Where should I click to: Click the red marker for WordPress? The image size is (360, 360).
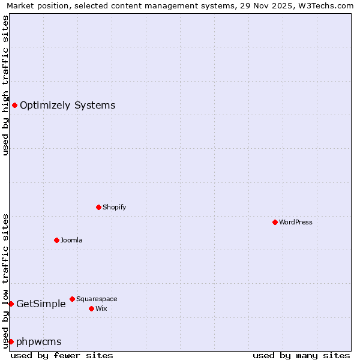(275, 222)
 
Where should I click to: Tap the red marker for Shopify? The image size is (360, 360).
(98, 207)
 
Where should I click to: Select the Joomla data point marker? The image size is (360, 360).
(56, 240)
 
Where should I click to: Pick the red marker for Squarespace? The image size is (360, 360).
(72, 299)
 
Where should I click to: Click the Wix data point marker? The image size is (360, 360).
(91, 308)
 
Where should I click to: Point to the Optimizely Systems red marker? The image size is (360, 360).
(14, 106)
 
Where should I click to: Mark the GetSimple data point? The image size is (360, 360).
(11, 304)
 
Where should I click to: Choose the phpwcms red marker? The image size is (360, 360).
(11, 341)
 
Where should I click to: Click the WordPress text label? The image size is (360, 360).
(295, 222)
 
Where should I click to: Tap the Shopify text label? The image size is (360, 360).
(114, 207)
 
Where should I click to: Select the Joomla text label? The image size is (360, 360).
(71, 240)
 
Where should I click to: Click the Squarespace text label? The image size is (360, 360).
(97, 299)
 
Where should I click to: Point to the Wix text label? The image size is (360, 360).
(101, 308)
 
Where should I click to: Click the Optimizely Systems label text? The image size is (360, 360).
(67, 106)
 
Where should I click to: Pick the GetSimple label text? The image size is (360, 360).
(41, 304)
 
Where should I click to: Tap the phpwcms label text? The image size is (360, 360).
(38, 341)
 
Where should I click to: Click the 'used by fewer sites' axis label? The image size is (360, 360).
(62, 355)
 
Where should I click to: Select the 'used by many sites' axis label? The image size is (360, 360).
(301, 355)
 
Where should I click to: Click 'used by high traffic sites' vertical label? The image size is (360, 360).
(5, 85)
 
